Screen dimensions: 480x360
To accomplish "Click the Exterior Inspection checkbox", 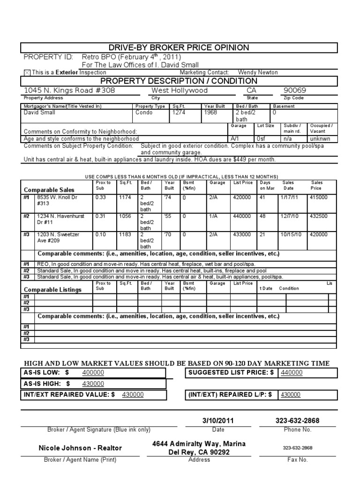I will [x=27, y=73].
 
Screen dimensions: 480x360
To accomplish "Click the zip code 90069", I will [x=296, y=90].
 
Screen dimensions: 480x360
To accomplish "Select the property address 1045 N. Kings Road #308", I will [x=69, y=90].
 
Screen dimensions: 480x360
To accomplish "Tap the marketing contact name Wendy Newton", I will [x=258, y=73].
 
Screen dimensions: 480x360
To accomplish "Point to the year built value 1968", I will [x=210, y=113].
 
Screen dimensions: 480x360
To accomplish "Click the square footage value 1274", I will [x=179, y=113].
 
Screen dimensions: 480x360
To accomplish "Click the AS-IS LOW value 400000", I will [x=93, y=373].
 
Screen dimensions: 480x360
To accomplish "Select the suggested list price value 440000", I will [x=292, y=373].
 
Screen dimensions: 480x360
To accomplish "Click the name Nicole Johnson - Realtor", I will [x=80, y=448].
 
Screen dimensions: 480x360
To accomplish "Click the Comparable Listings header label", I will [x=52, y=290].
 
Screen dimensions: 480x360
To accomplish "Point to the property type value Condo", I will [x=144, y=113].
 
